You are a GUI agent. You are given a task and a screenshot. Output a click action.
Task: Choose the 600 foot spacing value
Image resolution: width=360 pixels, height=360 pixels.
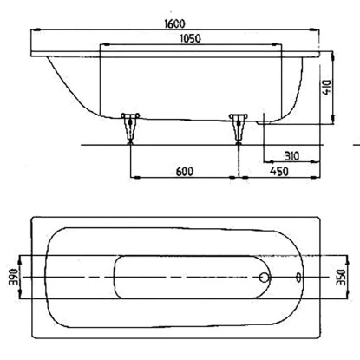point(184,171)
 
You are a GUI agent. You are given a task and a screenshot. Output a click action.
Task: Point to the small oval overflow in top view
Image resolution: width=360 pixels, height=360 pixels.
point(298,278)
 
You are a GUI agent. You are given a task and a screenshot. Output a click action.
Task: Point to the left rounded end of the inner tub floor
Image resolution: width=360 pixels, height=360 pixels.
point(119,278)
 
